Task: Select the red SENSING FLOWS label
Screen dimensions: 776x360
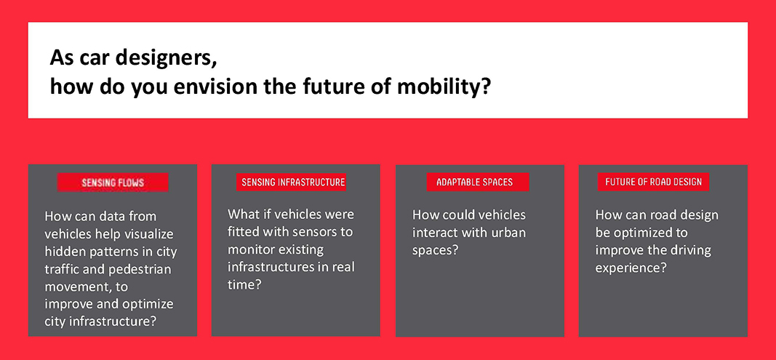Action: point(113,183)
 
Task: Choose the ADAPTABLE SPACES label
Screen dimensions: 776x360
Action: point(475,183)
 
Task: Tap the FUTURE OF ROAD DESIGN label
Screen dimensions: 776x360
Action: point(653,182)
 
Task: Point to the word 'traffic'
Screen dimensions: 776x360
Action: point(60,269)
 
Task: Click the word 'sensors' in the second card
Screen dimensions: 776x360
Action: point(329,232)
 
